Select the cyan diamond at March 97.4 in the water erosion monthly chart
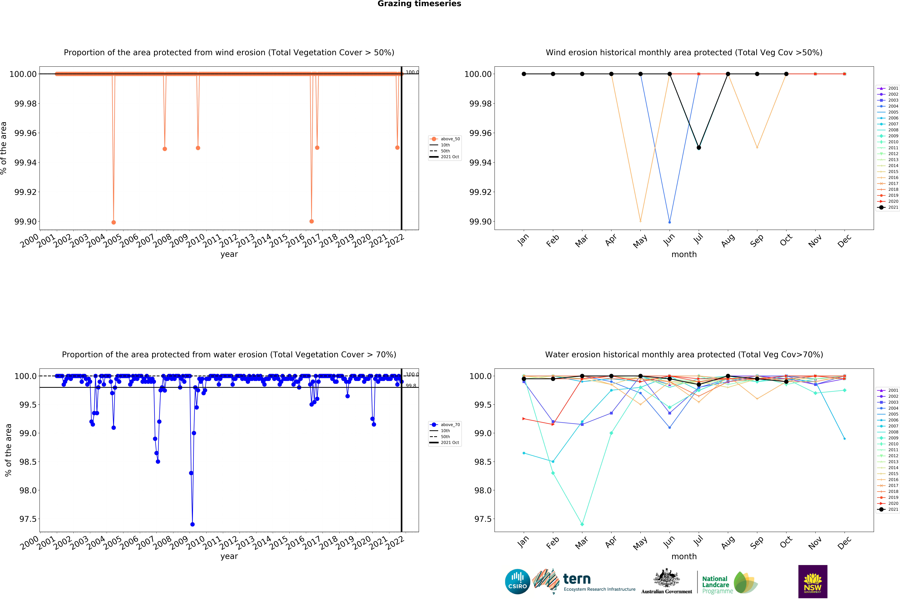pos(582,524)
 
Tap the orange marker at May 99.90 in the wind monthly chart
pos(640,221)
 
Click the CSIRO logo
pos(517,581)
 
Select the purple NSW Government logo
pos(812,581)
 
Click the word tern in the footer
pos(577,579)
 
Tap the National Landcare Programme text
pos(716,585)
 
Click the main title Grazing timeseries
pos(419,4)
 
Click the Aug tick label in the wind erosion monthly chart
pos(728,240)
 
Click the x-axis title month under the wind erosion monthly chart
pos(684,254)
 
